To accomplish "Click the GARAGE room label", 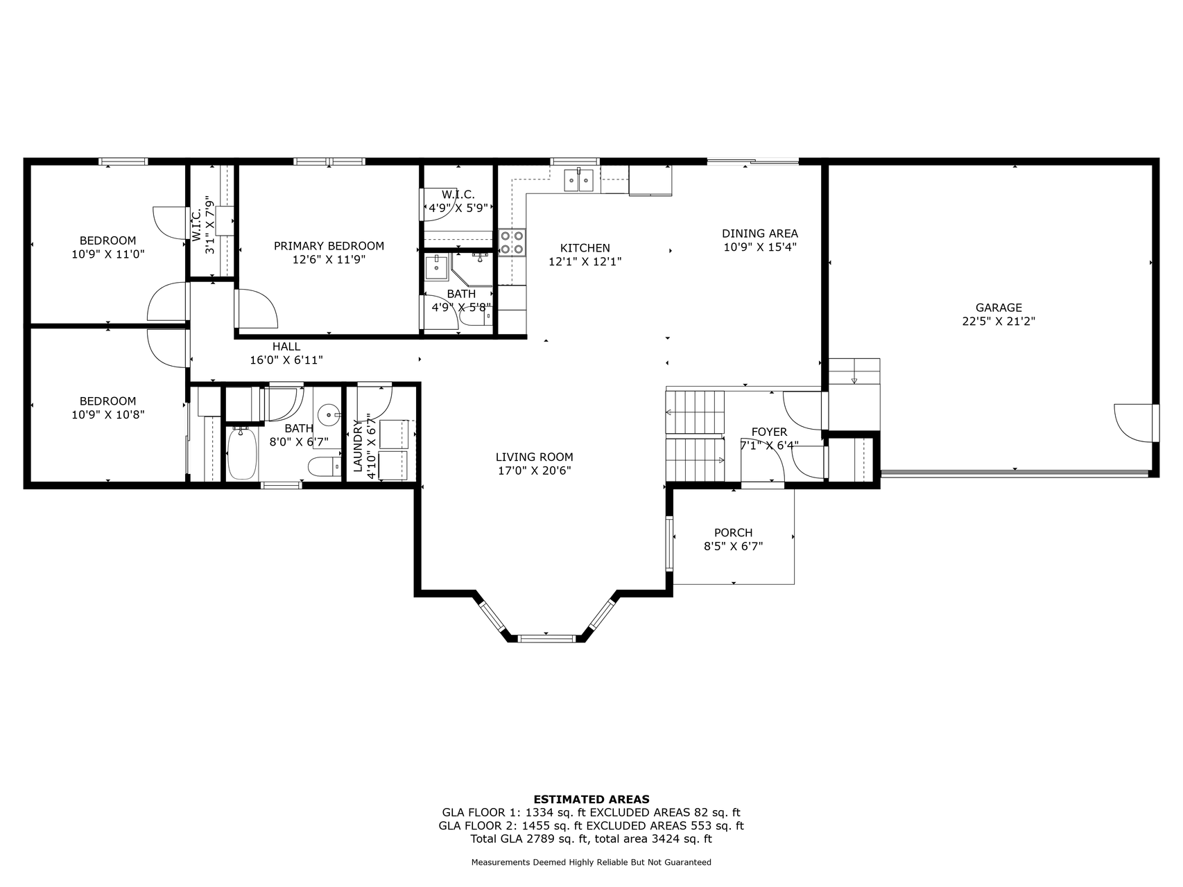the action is click(999, 308).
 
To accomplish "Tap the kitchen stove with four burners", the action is click(512, 243).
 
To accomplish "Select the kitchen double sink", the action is click(580, 180).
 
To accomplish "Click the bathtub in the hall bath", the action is click(242, 453).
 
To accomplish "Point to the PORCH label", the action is click(733, 533).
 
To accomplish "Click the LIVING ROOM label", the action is click(535, 457).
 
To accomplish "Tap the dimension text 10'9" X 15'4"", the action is click(760, 247).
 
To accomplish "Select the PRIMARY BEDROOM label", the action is click(329, 246).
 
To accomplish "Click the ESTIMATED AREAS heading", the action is click(591, 799).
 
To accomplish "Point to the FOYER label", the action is click(769, 432).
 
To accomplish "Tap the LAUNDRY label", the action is click(358, 446).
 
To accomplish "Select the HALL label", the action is click(286, 346).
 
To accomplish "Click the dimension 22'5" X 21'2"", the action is click(999, 322).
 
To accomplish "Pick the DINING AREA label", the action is click(760, 234).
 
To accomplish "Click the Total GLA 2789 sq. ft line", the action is click(591, 839).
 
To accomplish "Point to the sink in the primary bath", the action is click(437, 265).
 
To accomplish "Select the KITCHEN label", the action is click(585, 248).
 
